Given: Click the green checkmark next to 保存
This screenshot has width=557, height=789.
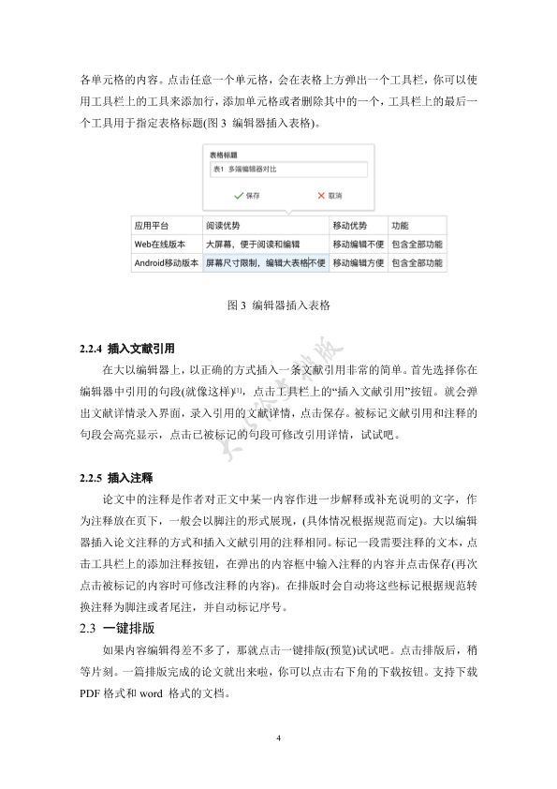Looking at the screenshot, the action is pyautogui.click(x=239, y=195).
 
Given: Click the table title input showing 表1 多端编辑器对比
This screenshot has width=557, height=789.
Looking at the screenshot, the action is pyautogui.click(x=288, y=170).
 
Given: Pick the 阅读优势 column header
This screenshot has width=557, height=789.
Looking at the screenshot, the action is pyautogui.click(x=265, y=226).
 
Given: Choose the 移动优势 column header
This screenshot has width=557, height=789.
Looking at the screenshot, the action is pyautogui.click(x=357, y=226).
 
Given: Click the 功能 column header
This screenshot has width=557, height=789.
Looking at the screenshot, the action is pyautogui.click(x=415, y=226).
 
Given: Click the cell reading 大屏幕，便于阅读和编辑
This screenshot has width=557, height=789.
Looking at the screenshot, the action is pyautogui.click(x=265, y=245).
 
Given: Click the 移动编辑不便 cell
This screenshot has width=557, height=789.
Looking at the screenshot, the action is pyautogui.click(x=357, y=245).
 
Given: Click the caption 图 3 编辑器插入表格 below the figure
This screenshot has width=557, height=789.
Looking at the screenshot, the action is pyautogui.click(x=278, y=305).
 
